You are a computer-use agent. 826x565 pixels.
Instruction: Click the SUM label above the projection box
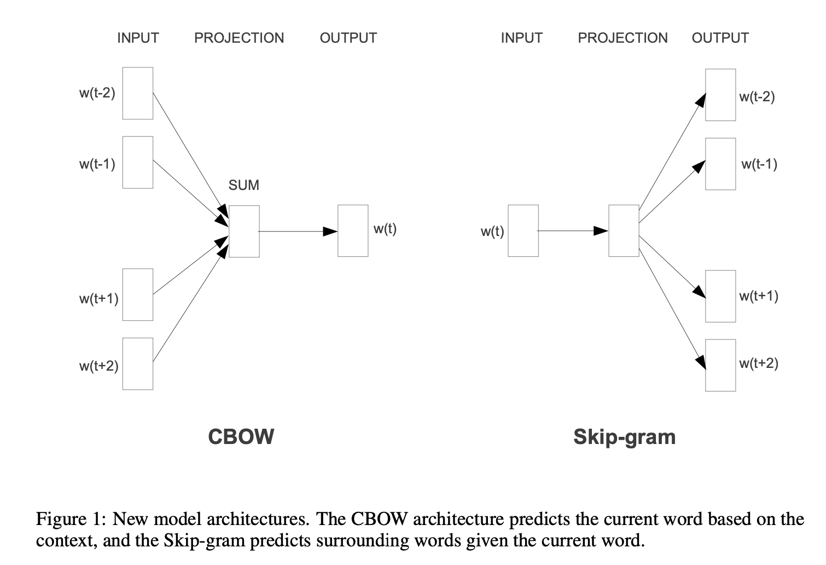pyautogui.click(x=243, y=185)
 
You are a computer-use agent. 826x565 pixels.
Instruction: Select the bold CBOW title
pyautogui.click(x=241, y=437)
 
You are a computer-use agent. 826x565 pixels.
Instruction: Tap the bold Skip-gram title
pyautogui.click(x=624, y=437)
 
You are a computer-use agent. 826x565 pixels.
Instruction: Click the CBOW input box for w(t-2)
pyautogui.click(x=138, y=93)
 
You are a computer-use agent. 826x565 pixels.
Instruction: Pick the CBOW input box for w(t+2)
pyautogui.click(x=138, y=364)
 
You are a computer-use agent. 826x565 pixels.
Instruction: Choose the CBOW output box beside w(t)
pyautogui.click(x=353, y=230)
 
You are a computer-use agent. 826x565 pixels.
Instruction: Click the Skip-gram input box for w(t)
pyautogui.click(x=523, y=230)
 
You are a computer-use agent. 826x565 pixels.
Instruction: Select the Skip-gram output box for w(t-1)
pyautogui.click(x=720, y=164)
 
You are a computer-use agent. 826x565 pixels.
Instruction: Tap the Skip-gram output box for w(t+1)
pyautogui.click(x=720, y=296)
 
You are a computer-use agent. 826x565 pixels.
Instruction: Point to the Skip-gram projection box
pyautogui.click(x=624, y=230)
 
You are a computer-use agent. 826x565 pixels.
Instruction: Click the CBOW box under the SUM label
pyautogui.click(x=244, y=231)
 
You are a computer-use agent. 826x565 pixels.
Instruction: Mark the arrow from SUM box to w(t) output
pyautogui.click(x=298, y=232)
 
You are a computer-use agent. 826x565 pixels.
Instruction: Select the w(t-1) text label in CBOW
pyautogui.click(x=97, y=164)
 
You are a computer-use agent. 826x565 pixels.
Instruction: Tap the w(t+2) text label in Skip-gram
pyautogui.click(x=758, y=363)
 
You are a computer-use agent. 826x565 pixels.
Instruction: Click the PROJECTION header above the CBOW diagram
pyautogui.click(x=239, y=38)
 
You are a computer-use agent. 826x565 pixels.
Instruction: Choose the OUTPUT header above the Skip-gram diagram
pyautogui.click(x=720, y=38)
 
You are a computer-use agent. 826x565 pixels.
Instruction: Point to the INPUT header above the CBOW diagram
pyautogui.click(x=138, y=38)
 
